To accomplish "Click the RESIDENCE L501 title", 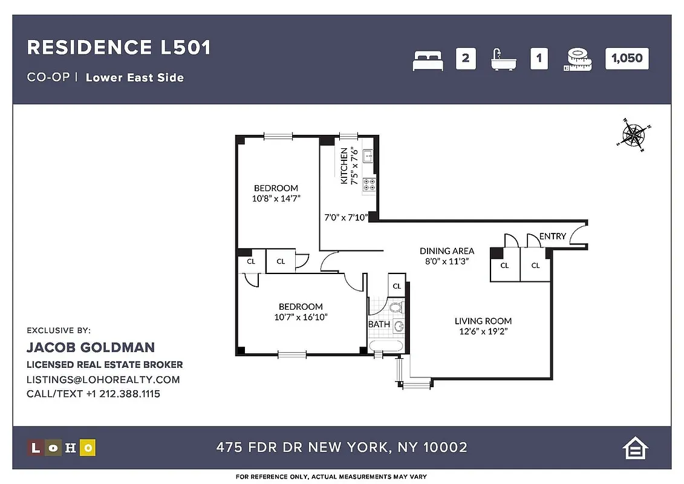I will tap(119, 48).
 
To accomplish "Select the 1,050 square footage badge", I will tap(627, 59).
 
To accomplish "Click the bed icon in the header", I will tap(428, 60).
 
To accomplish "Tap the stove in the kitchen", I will tap(369, 185).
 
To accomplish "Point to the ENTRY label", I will tap(552, 236).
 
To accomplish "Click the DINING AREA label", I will tap(447, 250).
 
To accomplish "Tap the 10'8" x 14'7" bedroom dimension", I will tap(276, 198).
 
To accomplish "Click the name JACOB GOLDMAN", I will tap(91, 347).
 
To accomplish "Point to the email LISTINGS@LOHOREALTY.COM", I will tap(103, 380).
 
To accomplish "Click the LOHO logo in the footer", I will tap(62, 448).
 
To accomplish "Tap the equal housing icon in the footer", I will tap(635, 448).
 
